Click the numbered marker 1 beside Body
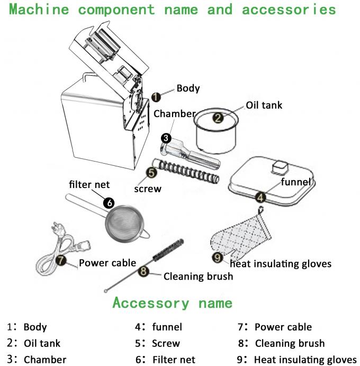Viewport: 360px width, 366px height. [156, 96]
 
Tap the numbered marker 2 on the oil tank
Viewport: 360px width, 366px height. [218, 118]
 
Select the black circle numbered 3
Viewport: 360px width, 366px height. [166, 138]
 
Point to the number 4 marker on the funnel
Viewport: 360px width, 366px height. [260, 197]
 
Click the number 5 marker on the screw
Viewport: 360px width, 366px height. [151, 172]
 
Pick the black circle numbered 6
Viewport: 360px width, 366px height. [109, 202]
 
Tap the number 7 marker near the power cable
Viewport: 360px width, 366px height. [61, 260]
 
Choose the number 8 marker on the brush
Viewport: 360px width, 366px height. [142, 271]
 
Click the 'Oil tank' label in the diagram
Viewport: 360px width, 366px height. [264, 105]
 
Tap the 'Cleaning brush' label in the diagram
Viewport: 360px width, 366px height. [197, 276]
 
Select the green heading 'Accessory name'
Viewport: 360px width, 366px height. [172, 303]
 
